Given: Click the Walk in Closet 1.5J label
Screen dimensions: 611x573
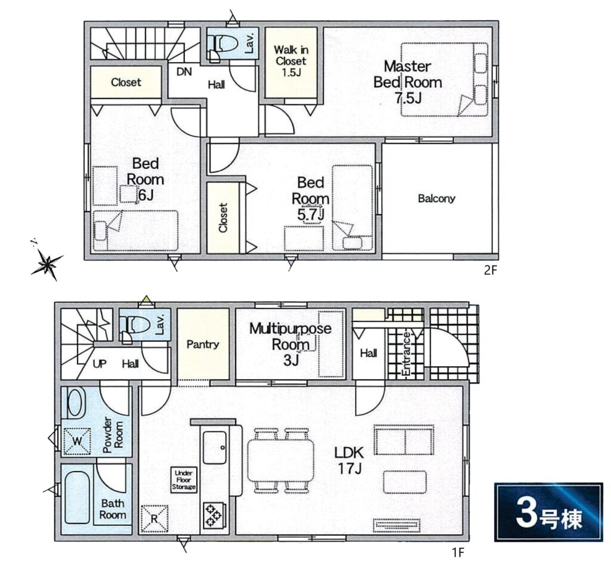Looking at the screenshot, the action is (291, 61).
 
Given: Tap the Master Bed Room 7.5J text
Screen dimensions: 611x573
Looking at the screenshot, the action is (408, 82).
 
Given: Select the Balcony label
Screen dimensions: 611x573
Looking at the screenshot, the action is (436, 199).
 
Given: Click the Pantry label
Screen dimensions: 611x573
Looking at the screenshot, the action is (203, 344).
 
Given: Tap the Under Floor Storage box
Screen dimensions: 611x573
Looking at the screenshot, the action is (184, 479).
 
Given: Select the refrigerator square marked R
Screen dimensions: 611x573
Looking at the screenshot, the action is (155, 519).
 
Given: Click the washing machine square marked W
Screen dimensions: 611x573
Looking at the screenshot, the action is (77, 441).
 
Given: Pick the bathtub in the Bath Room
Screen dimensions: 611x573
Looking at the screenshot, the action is (77, 498).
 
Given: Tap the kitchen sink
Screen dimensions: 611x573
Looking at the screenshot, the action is (215, 447).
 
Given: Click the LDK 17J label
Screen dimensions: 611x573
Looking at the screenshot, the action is (349, 460).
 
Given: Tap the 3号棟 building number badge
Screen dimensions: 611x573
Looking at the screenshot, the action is (549, 512).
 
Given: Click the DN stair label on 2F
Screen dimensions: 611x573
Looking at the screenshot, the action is (184, 72).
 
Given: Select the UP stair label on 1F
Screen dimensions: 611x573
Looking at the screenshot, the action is (100, 364).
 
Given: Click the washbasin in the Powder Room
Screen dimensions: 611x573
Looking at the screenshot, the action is (76, 402).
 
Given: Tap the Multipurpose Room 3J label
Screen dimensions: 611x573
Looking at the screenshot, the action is (291, 344).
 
